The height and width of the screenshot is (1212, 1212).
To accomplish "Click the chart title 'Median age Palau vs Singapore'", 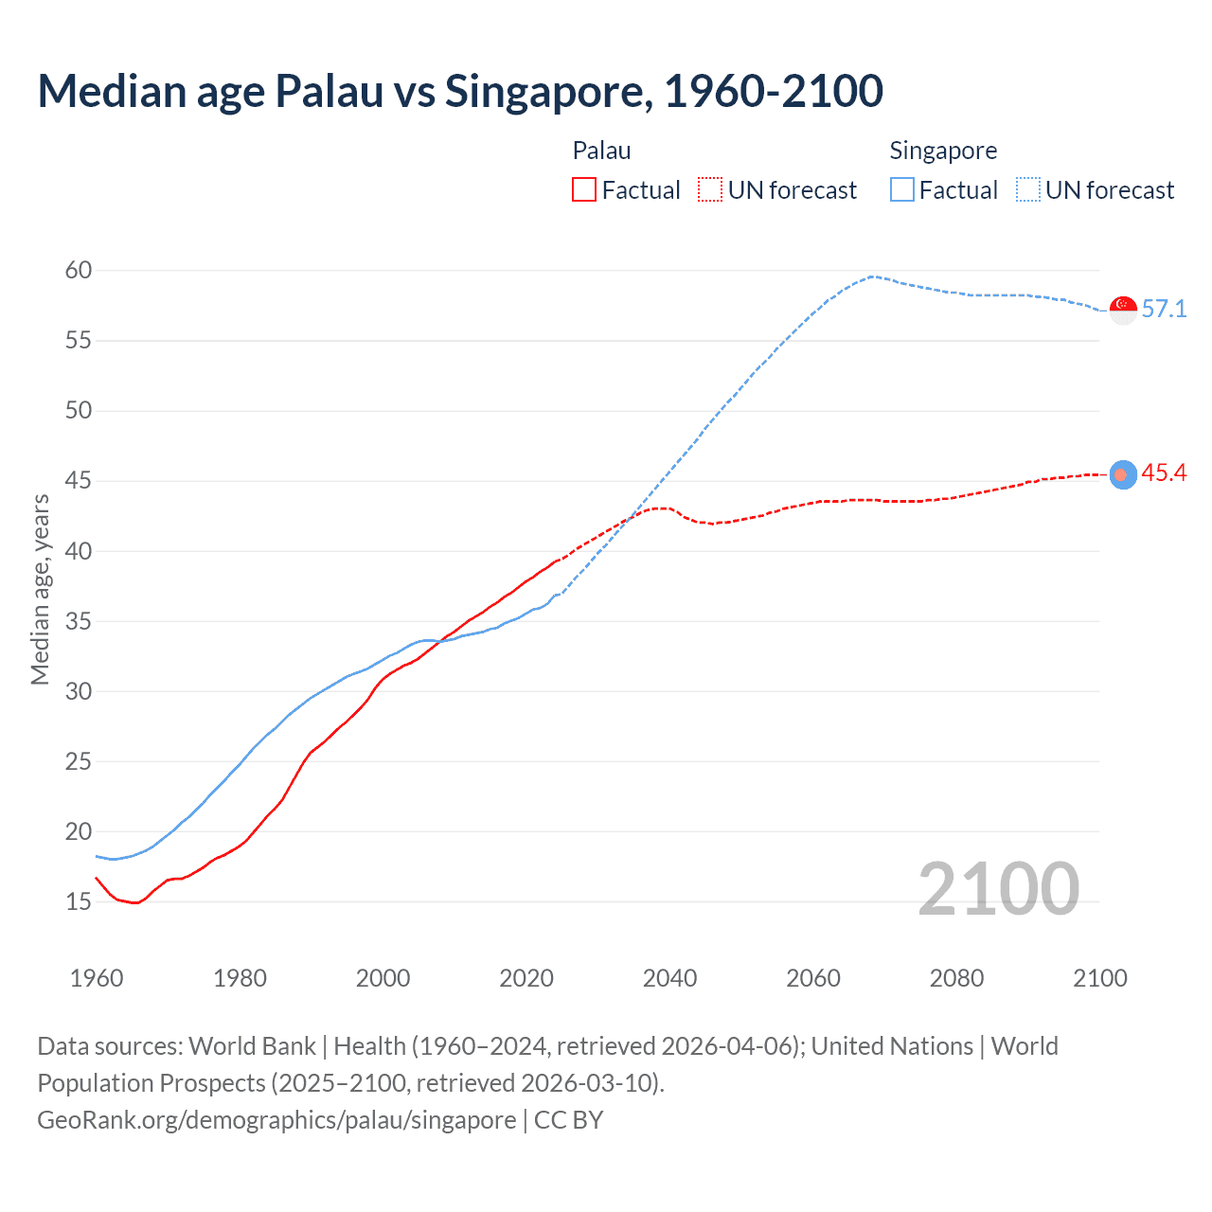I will [460, 91].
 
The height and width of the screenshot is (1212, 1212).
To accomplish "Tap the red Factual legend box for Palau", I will [584, 190].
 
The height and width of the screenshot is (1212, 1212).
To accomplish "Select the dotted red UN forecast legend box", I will [710, 190].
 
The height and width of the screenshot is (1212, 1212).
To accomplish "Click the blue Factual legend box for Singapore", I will [902, 190].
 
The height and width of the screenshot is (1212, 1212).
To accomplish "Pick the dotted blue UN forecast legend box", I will [1028, 190].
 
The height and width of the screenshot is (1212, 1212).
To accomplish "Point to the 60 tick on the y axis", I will [79, 271].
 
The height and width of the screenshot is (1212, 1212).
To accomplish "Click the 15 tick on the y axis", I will [79, 901].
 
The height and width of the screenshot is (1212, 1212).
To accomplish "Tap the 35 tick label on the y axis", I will [79, 621].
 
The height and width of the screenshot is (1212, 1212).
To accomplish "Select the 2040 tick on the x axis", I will [669, 978].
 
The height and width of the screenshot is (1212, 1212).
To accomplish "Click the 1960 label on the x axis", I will [97, 978].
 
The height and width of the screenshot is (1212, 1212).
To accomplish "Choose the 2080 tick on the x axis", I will [956, 978].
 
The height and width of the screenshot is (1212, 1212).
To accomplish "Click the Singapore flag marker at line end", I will [1123, 310].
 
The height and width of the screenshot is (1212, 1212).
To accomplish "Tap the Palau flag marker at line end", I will [1123, 474].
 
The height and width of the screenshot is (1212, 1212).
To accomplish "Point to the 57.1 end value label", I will [1164, 310].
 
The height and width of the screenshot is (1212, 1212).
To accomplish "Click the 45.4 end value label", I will [1164, 473].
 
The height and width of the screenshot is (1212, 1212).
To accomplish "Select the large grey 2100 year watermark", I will [998, 888].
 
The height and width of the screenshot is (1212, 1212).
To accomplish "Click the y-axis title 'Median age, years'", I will [40, 589].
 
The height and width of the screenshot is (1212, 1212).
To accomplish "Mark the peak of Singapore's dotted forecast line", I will [871, 276].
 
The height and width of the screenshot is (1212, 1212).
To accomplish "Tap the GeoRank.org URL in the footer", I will [276, 1120].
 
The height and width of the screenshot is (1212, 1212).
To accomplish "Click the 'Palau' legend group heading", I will [601, 151].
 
